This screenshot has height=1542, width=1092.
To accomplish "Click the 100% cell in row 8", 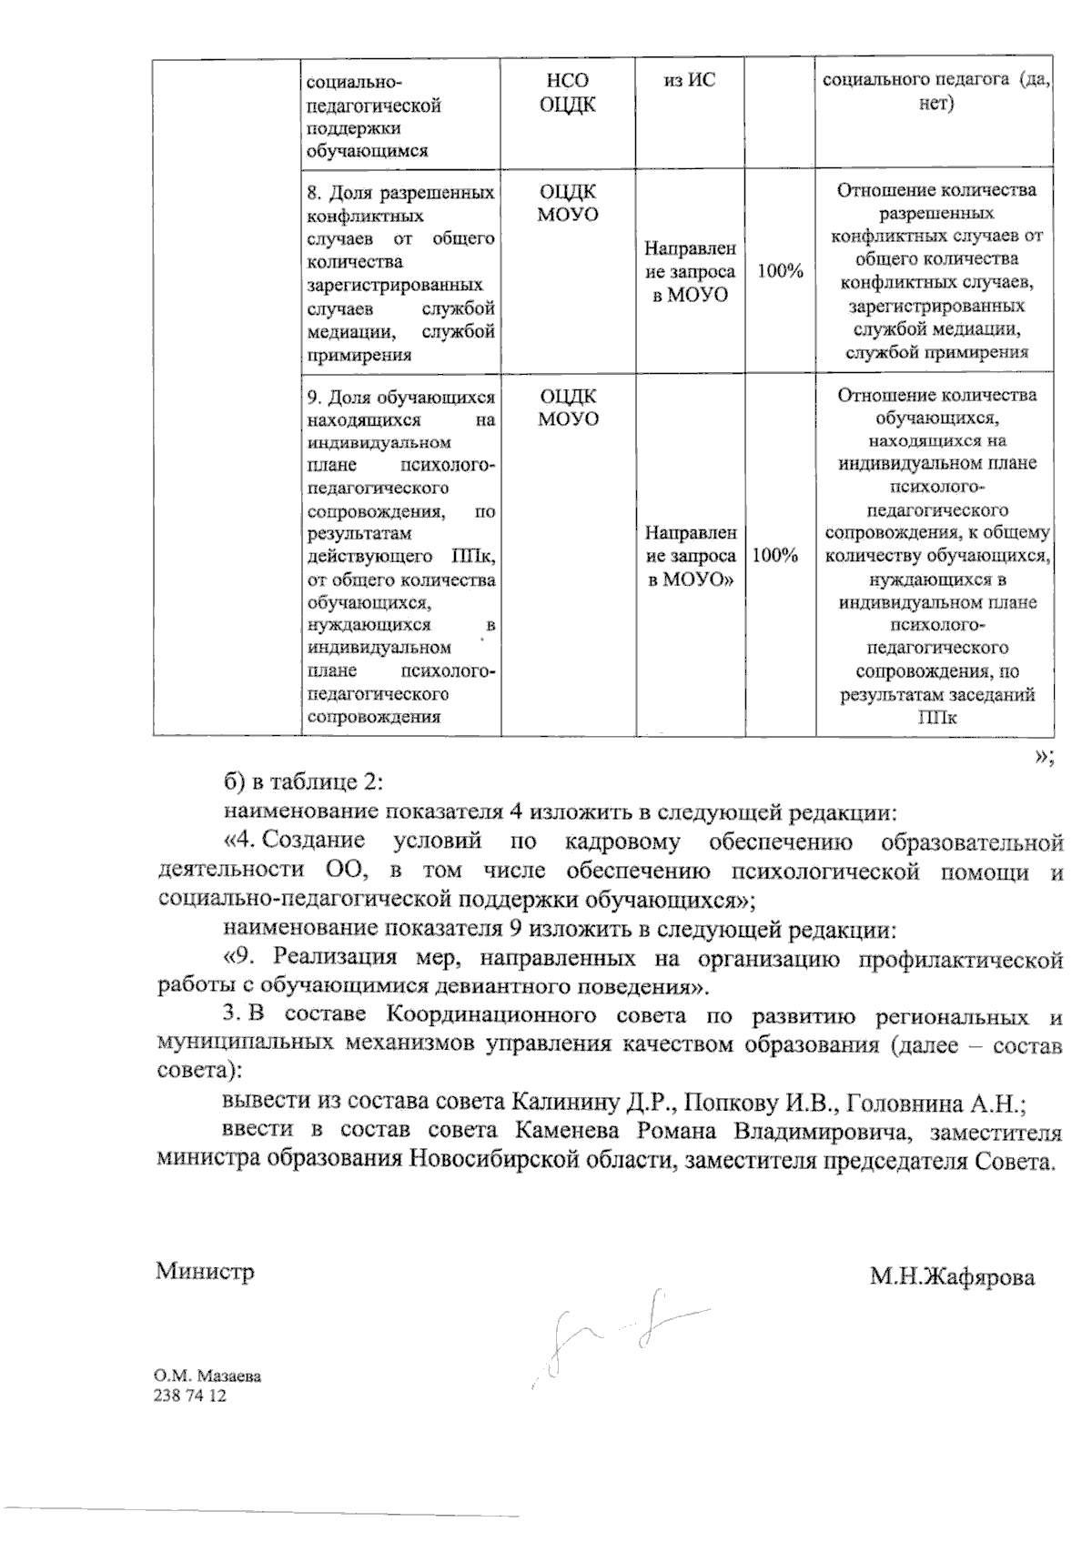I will click(x=780, y=270).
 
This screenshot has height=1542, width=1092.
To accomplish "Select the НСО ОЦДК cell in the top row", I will click(x=568, y=93).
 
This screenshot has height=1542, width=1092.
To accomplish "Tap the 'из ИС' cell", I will click(x=690, y=81).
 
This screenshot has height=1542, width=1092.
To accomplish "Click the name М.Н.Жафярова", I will click(x=952, y=1277).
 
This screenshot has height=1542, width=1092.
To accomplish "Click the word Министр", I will click(x=205, y=1271).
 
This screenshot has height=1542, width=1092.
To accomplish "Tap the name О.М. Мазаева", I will click(x=208, y=1376).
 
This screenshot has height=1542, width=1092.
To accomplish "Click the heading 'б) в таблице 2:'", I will click(x=306, y=782).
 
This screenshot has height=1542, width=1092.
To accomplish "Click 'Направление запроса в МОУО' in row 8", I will click(x=690, y=270).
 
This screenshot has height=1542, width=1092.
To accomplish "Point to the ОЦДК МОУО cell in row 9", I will click(x=568, y=408).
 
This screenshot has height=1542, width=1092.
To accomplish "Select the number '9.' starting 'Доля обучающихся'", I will click(x=315, y=398).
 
